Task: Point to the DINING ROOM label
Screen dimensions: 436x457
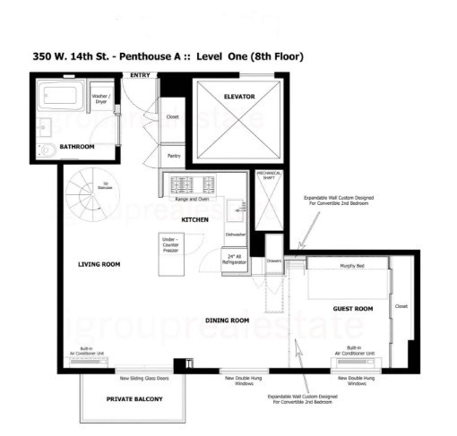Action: click(227, 320)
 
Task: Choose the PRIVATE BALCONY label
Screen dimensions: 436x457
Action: click(134, 398)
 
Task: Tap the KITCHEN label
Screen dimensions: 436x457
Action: click(195, 218)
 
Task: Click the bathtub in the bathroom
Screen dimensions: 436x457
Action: click(61, 95)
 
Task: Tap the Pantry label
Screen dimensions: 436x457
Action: click(173, 156)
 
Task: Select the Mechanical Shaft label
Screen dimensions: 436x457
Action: click(268, 176)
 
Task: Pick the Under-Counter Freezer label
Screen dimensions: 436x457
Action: click(170, 245)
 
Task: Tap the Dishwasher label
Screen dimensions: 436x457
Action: click(235, 235)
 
